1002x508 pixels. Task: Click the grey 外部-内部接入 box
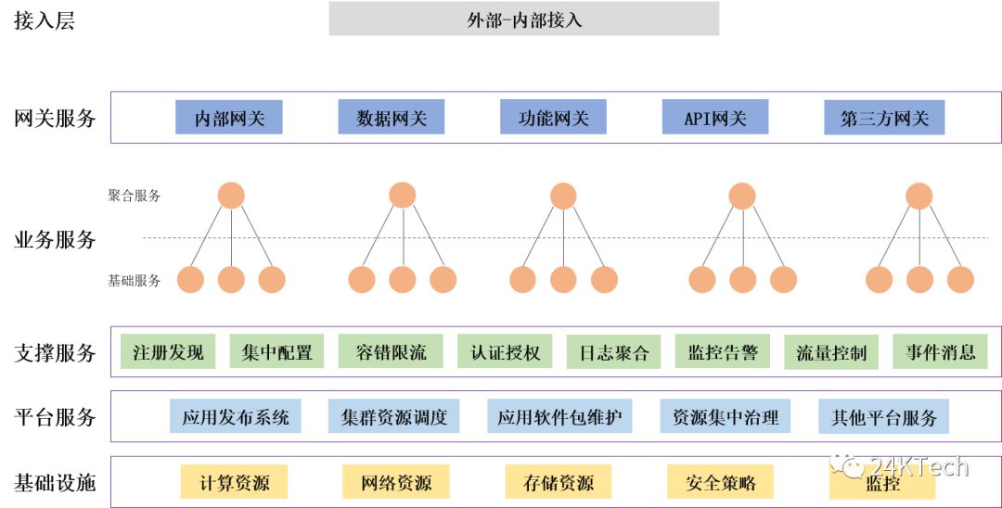point(523,19)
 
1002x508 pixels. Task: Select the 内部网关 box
point(228,118)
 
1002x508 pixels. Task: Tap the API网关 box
point(714,118)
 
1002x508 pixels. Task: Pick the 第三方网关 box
point(883,118)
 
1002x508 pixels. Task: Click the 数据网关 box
point(391,118)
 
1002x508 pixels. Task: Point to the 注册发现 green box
point(167,352)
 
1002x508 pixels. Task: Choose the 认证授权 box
point(505,352)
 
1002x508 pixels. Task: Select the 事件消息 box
point(940,351)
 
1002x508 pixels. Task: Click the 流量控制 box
point(830,352)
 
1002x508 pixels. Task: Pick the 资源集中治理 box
point(725,417)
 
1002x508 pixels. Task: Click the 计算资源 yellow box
point(233,482)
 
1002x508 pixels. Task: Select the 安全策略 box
point(720,482)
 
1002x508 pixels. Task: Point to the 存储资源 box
point(558,482)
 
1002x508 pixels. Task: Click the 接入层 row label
point(44,20)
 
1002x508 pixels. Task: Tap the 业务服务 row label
point(55,239)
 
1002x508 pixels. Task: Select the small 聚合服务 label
point(134,196)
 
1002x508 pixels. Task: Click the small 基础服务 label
point(134,280)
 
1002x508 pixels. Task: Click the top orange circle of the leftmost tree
point(231,196)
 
